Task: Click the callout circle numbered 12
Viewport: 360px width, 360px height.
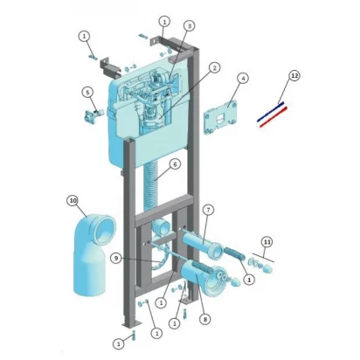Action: [294, 76]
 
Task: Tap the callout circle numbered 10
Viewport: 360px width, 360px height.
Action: [73, 201]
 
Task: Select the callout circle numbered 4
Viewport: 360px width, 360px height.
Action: [243, 79]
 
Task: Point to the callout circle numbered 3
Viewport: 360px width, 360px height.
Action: [190, 26]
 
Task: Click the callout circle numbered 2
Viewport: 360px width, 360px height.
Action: [214, 68]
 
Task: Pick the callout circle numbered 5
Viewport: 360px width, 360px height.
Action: [87, 93]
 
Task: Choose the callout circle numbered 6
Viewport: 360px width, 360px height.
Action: [175, 164]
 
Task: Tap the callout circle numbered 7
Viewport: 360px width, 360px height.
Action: [208, 210]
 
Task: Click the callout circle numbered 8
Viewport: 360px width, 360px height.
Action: [205, 319]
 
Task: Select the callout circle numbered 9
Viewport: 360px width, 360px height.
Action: [116, 258]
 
